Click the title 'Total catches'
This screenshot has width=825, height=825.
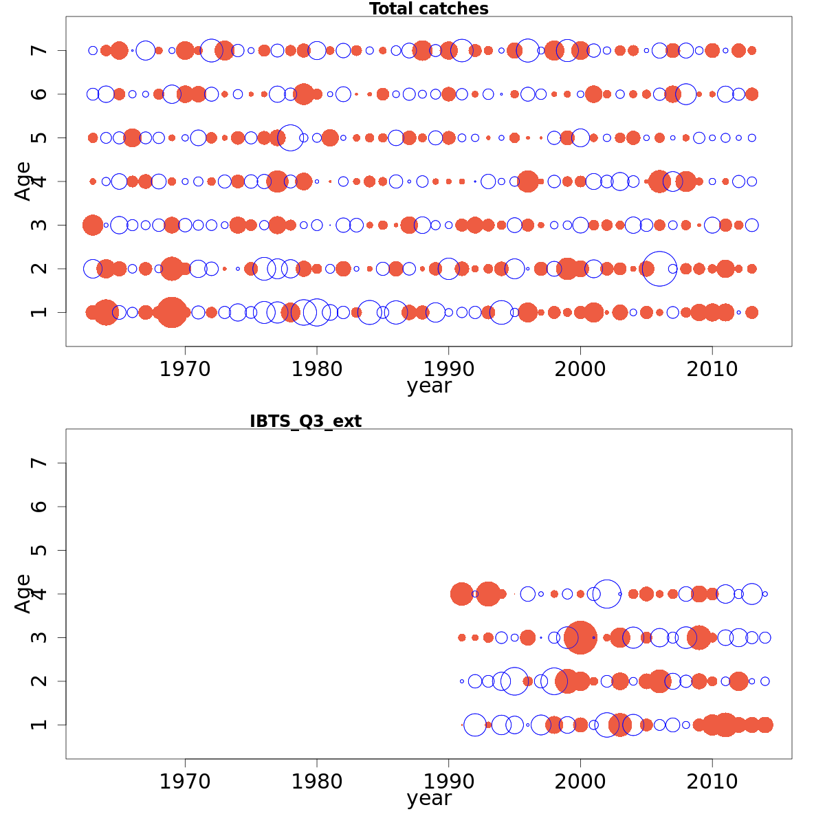428,9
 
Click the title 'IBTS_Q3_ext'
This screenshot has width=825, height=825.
305,421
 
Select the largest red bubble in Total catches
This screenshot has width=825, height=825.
171,313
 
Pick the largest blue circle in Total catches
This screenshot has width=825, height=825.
659,269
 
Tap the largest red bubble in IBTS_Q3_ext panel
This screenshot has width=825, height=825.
580,637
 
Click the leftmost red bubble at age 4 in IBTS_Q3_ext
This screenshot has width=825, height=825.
461,594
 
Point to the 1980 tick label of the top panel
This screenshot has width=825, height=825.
317,369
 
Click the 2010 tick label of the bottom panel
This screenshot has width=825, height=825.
712,782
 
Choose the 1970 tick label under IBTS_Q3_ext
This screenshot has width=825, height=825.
185,782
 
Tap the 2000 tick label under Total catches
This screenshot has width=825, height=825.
580,369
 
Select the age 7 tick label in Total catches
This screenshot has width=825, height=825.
40,50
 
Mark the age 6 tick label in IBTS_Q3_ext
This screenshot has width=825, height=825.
40,507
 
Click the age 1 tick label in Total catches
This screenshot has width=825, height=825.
40,312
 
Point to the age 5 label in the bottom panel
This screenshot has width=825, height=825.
40,550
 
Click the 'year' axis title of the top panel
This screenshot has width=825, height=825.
429,386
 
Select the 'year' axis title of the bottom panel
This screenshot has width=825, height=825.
429,799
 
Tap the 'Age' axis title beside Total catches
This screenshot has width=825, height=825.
23,181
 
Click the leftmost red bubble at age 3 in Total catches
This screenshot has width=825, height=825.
93,225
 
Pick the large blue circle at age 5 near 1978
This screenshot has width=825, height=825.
290,137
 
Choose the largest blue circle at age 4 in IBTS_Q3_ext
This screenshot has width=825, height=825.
606,594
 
